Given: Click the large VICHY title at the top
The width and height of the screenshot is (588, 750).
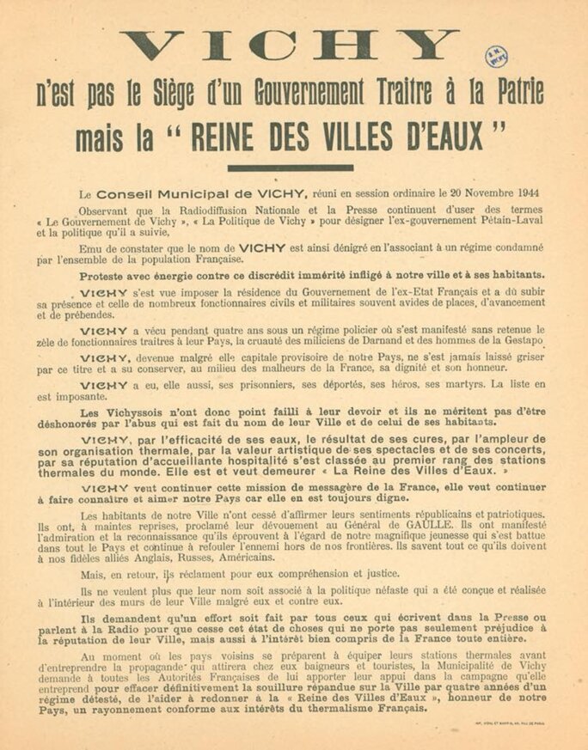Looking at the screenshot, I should tap(291, 45).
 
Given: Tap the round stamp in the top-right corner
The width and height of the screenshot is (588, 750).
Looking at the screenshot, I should tap(496, 56).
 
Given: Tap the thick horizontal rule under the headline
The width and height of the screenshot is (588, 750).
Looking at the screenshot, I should tap(290, 168).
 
